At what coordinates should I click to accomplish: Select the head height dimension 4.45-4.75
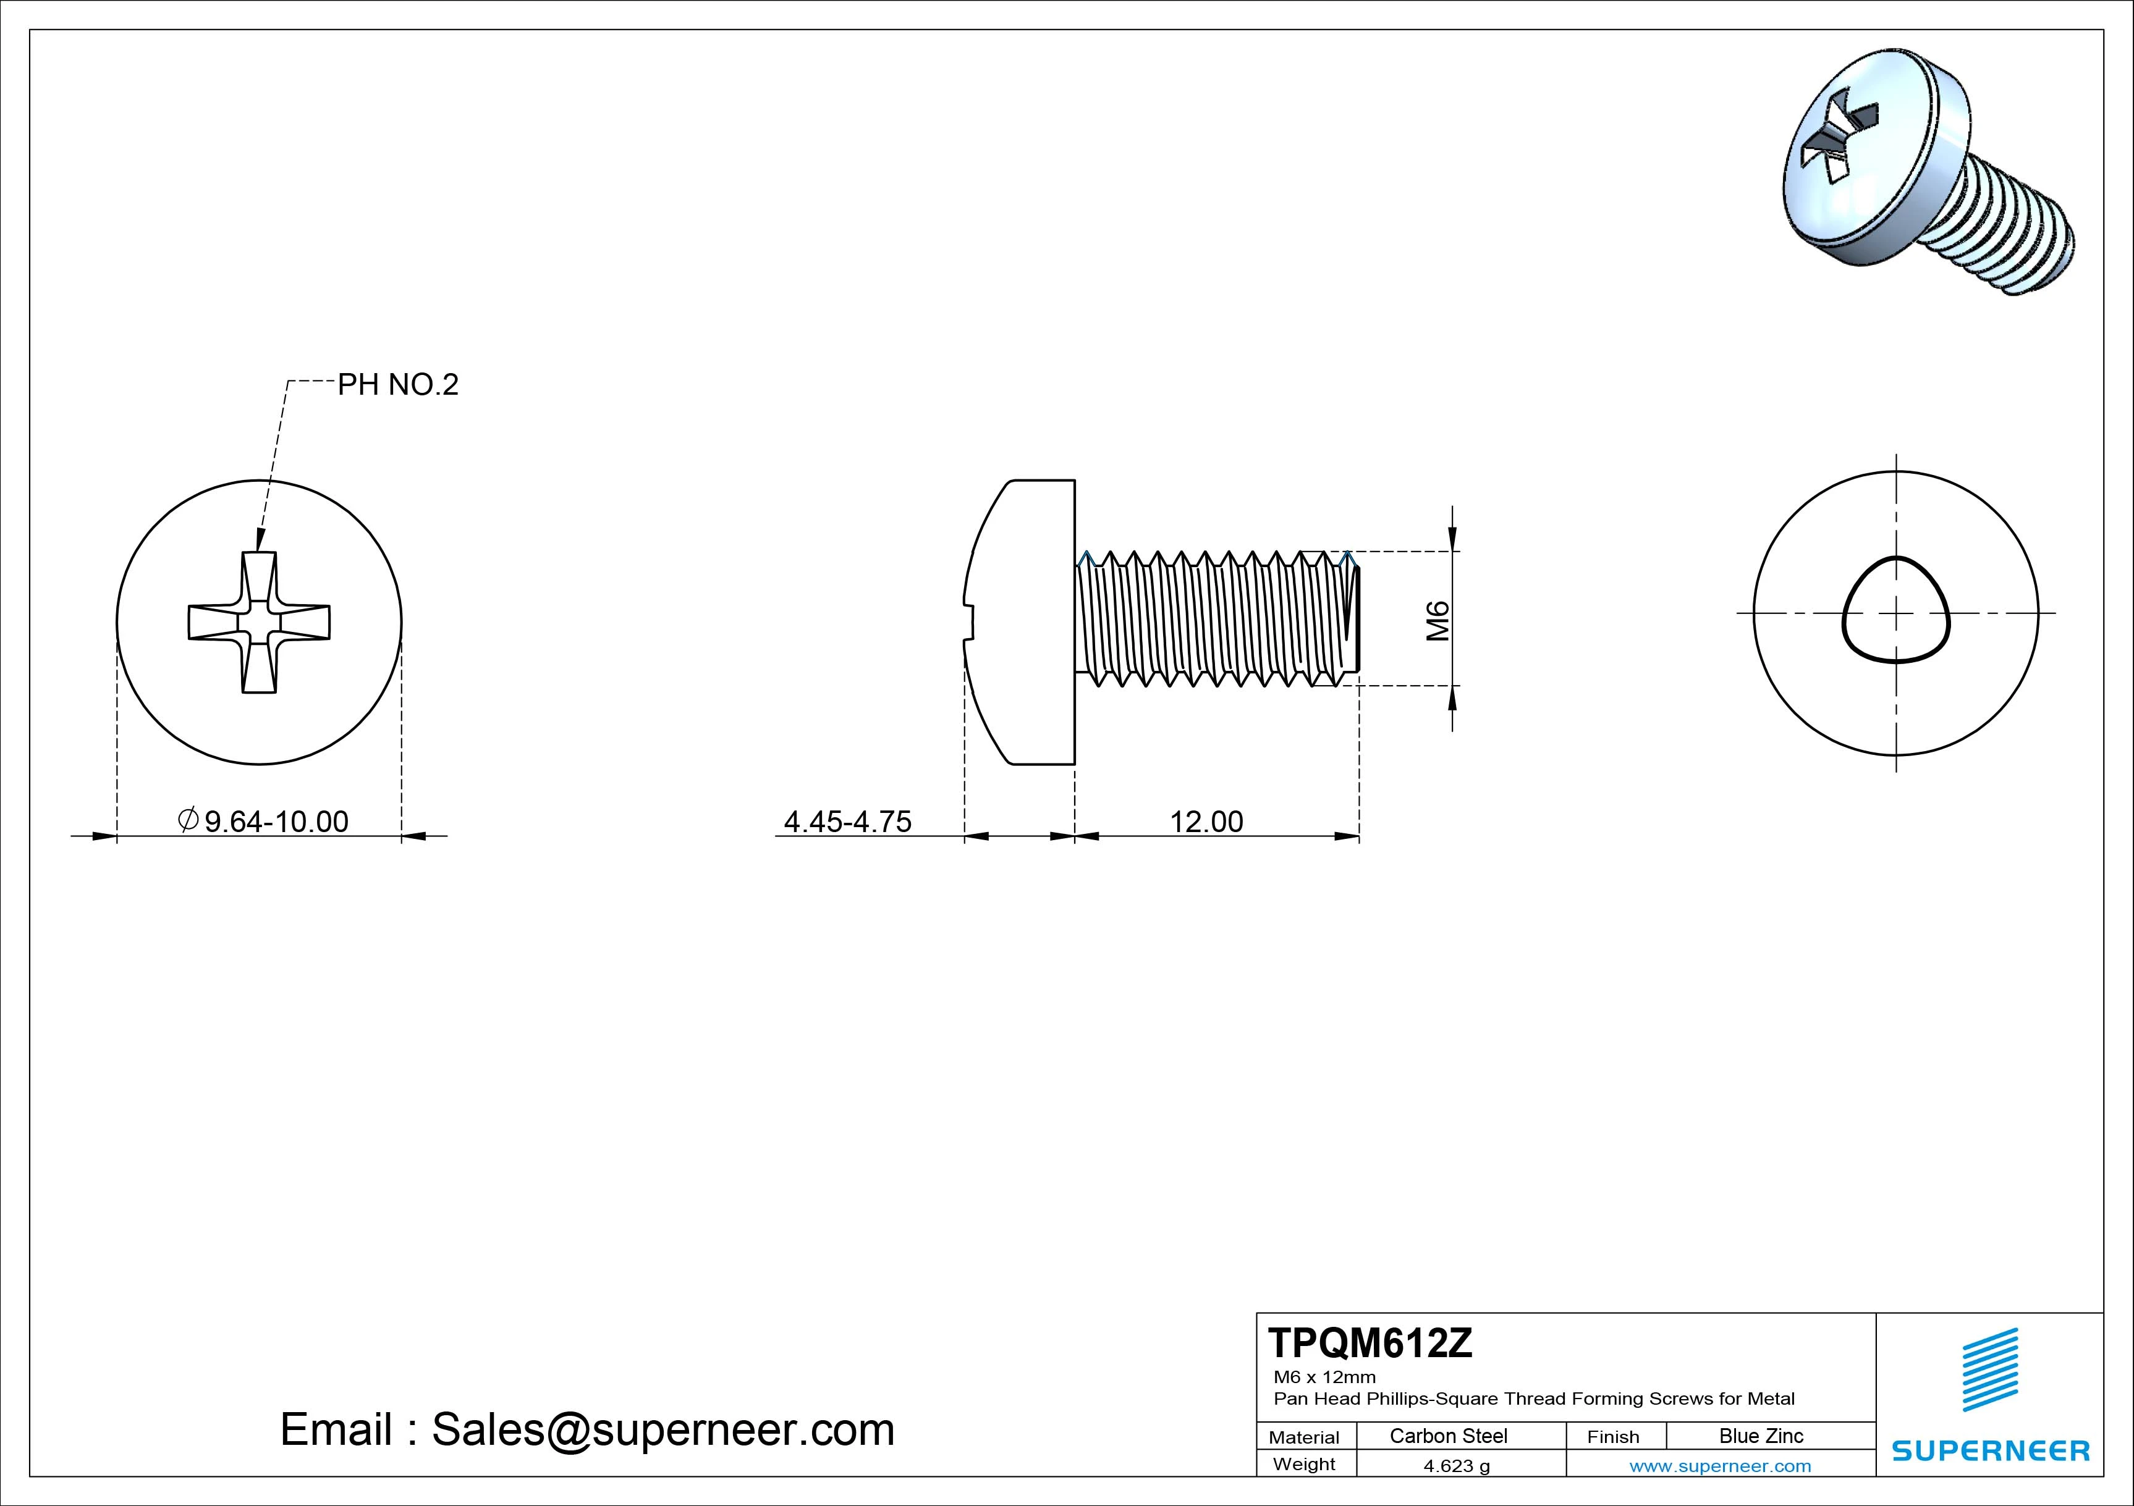pyautogui.click(x=848, y=822)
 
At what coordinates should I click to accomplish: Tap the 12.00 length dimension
pyautogui.click(x=1206, y=822)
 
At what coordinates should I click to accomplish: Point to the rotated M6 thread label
pyautogui.click(x=1437, y=621)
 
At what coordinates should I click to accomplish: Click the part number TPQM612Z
pyautogui.click(x=1370, y=1344)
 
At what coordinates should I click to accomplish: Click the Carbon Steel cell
pyautogui.click(x=1448, y=1436)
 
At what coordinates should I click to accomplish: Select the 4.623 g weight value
pyautogui.click(x=1457, y=1466)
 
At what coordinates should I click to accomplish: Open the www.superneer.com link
pyautogui.click(x=1719, y=1466)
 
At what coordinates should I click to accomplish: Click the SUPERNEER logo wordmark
pyautogui.click(x=1990, y=1450)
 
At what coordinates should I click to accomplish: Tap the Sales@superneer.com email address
pyautogui.click(x=662, y=1429)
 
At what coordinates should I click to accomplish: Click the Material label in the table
pyautogui.click(x=1304, y=1437)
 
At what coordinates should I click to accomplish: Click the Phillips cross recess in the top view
pyautogui.click(x=260, y=621)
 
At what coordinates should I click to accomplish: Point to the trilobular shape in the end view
pyautogui.click(x=1895, y=612)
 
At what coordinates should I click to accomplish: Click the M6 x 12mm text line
pyautogui.click(x=1324, y=1377)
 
